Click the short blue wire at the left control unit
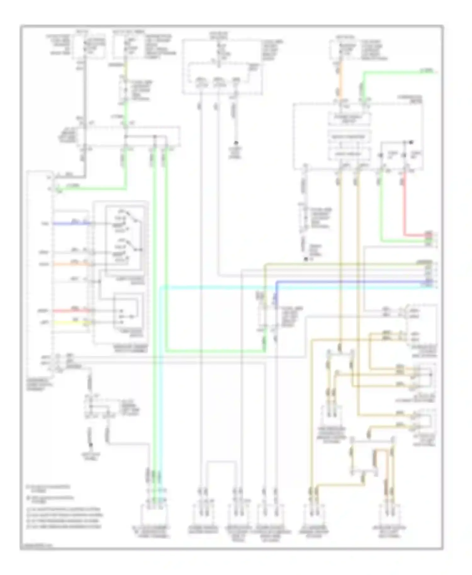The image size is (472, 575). (x=71, y=224)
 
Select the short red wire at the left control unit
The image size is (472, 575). (x=71, y=311)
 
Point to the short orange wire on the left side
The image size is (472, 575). (x=71, y=264)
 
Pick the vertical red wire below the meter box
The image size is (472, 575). (x=405, y=204)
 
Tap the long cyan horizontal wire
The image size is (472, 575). (x=283, y=287)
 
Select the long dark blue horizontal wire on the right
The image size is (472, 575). (x=346, y=281)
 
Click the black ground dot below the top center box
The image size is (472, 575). (x=235, y=143)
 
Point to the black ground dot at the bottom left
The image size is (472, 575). (x=91, y=444)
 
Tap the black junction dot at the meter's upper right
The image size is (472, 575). (x=411, y=142)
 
